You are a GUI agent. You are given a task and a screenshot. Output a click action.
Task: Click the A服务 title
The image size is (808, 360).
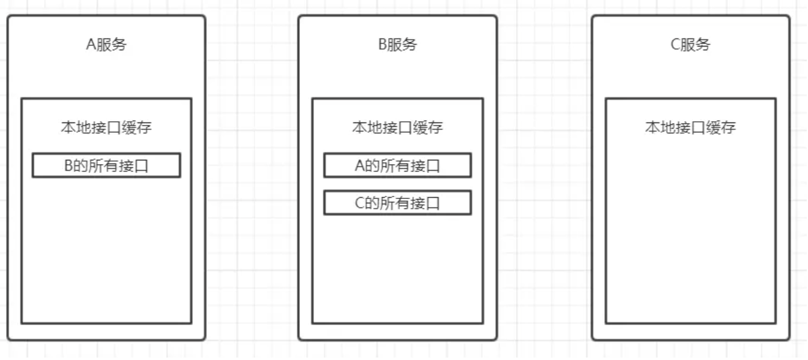point(106,45)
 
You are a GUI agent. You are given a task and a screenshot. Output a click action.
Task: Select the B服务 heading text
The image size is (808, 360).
point(397,45)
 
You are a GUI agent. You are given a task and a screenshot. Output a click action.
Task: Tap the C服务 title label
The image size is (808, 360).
point(690,45)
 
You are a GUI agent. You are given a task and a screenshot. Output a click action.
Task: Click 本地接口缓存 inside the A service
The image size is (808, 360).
point(106,128)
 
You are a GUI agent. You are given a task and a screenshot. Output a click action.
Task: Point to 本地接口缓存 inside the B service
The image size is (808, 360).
point(397,128)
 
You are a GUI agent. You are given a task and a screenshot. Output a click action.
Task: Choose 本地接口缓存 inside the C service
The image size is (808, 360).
point(690,128)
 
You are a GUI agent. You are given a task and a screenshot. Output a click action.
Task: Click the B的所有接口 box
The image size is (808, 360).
point(106,166)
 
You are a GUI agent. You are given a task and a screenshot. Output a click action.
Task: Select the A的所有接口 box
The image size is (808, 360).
point(397,166)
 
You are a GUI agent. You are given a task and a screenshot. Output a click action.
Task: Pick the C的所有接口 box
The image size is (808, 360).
point(397,203)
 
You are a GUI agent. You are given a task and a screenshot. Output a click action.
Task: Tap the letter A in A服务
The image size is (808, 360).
point(90,45)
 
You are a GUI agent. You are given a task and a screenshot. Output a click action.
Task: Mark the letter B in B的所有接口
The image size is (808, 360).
point(69,166)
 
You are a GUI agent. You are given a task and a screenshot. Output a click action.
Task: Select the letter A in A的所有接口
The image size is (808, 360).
point(360,166)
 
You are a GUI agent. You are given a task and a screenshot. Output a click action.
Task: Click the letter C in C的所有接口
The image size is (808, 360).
point(360,203)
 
